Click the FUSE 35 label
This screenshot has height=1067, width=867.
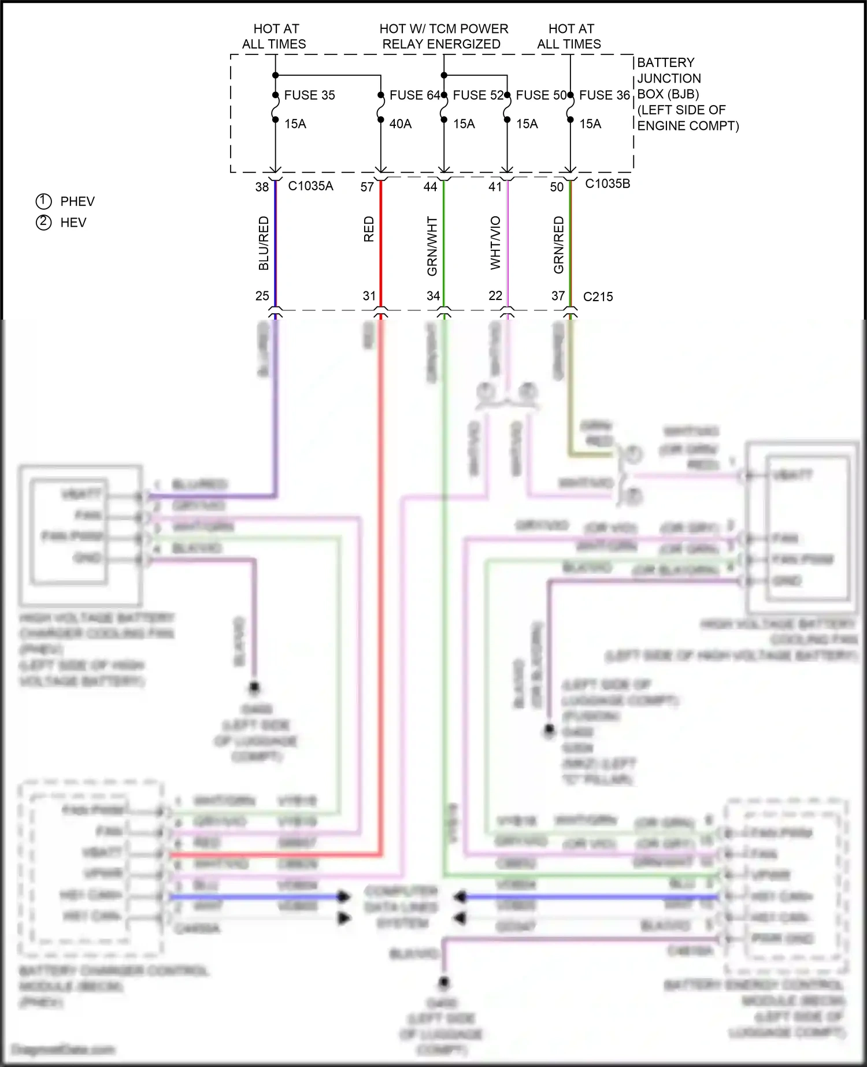[x=309, y=95]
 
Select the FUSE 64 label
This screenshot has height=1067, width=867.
[x=414, y=95]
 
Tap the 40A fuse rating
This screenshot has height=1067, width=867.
[x=401, y=124]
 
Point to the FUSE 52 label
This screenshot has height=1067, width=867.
[x=478, y=95]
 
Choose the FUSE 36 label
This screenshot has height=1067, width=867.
[x=604, y=95]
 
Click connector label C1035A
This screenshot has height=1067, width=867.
[x=310, y=186]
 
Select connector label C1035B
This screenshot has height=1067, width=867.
[x=607, y=184]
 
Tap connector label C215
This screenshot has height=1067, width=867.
[x=598, y=297]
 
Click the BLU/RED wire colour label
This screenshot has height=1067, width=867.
[x=264, y=243]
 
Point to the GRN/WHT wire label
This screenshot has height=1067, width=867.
[x=432, y=246]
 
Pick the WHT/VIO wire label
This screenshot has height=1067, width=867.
[x=495, y=243]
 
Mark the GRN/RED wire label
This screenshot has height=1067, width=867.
[x=558, y=245]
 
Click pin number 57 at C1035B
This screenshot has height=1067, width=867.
[x=367, y=187]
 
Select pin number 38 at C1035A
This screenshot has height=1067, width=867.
[x=262, y=187]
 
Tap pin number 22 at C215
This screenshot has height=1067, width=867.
[x=495, y=296]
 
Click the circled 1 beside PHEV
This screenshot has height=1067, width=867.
[x=44, y=201]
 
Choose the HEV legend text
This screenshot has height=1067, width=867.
[x=73, y=223]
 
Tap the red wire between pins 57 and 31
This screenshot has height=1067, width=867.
[x=381, y=243]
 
